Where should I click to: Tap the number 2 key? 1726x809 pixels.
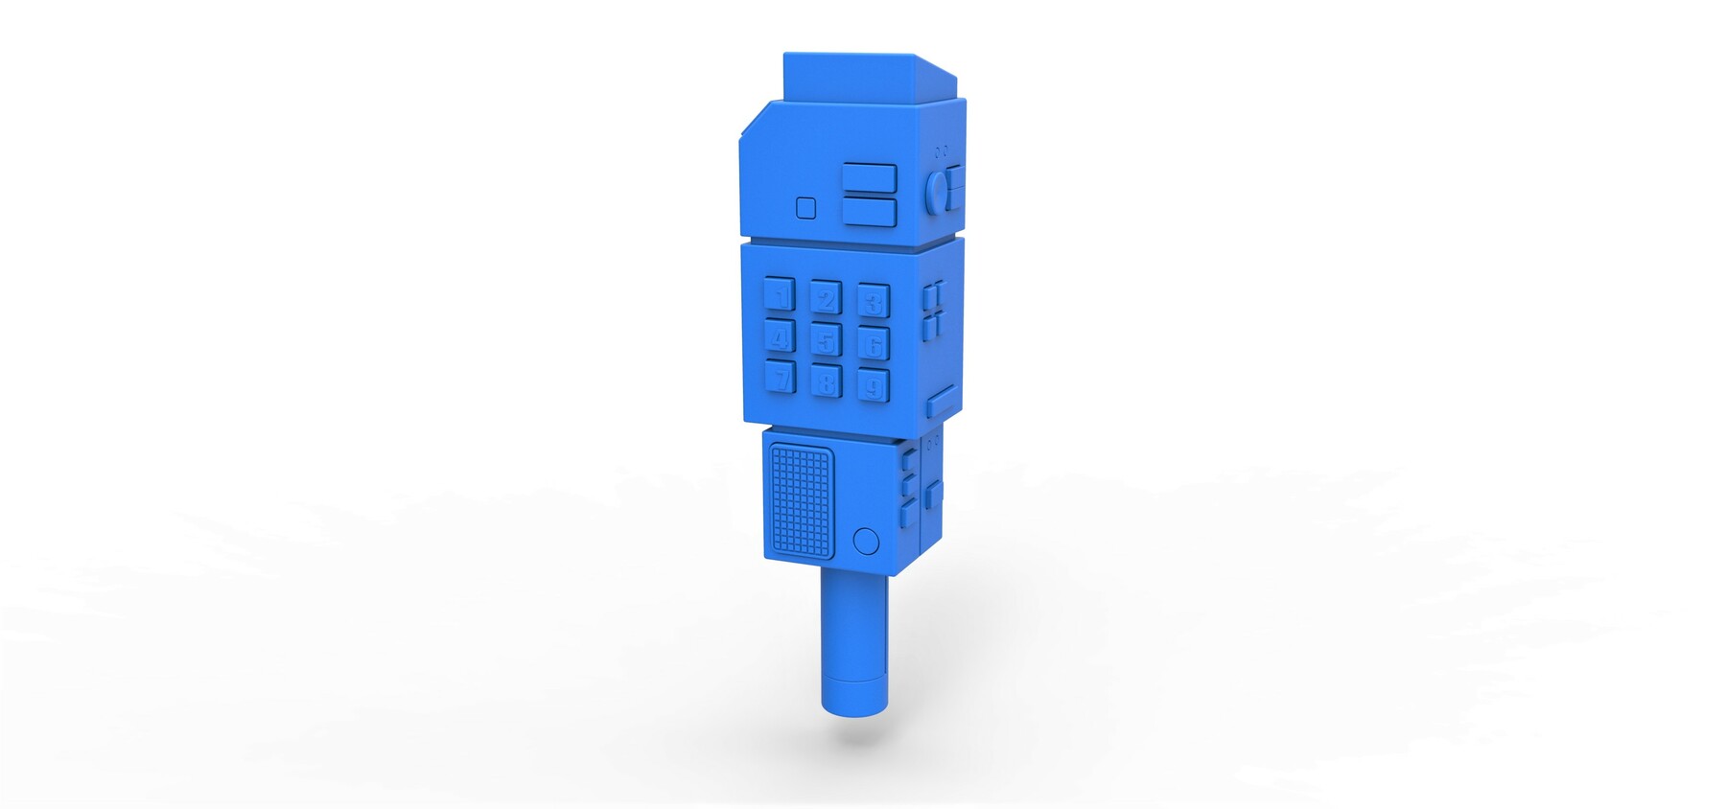coord(825,298)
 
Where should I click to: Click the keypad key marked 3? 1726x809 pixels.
coord(873,301)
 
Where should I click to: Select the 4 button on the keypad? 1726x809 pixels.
coord(780,335)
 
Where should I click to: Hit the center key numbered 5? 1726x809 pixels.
coord(826,339)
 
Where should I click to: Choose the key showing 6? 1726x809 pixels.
coord(873,343)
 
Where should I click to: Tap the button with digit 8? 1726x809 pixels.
coord(826,381)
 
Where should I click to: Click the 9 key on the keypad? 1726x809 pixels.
coord(873,385)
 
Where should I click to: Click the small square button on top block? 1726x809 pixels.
coord(805,207)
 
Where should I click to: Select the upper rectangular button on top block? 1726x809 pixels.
coord(869,178)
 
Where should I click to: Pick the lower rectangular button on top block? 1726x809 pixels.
coord(869,212)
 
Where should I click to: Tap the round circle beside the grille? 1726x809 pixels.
coord(865,542)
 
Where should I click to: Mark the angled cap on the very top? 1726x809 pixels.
coord(853,77)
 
